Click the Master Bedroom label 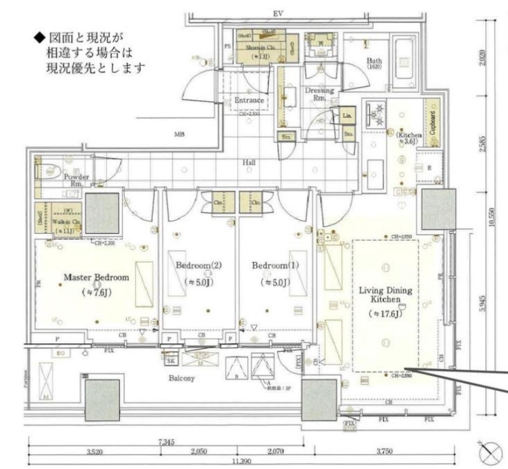(97, 278)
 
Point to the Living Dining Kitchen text (386, 296)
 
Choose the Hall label (249, 163)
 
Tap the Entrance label (249, 100)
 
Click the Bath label (374, 62)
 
